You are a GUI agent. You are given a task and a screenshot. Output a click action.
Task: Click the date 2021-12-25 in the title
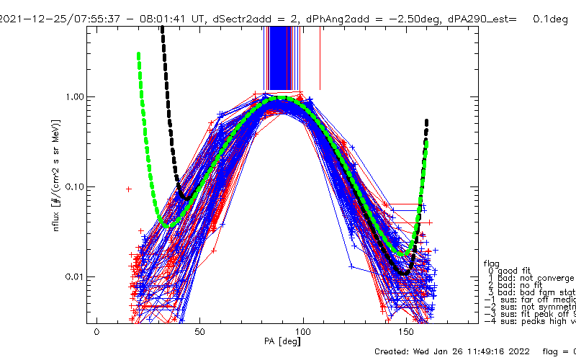coord(30,19)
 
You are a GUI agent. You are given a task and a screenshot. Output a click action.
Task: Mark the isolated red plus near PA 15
coord(128,189)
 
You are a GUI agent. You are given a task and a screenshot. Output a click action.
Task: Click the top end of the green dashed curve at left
coord(138,54)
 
